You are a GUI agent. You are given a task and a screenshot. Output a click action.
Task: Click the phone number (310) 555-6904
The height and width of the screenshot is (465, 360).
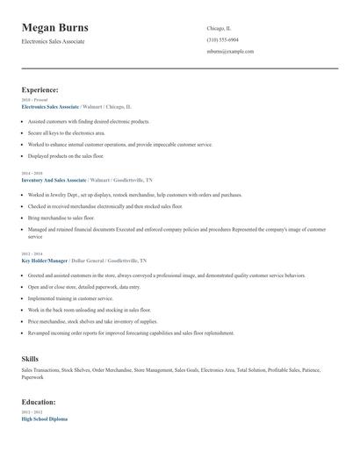[222, 40]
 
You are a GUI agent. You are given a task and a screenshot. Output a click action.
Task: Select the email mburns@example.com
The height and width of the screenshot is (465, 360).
[230, 52]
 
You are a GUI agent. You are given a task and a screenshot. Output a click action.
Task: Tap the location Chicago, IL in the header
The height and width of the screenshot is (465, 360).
[220, 28]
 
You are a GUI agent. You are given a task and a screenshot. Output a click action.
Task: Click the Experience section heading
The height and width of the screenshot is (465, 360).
[40, 89]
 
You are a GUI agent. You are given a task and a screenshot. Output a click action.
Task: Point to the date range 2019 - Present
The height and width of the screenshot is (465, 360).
[34, 100]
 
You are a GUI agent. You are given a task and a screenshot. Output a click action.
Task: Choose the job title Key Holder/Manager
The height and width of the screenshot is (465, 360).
[46, 261]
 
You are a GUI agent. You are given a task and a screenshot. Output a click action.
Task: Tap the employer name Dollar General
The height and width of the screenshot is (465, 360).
[88, 261]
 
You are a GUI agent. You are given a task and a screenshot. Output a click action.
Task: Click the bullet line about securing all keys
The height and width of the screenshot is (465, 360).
[72, 132]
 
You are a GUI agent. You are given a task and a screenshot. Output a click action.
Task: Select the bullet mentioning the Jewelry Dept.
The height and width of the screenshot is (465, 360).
[134, 194]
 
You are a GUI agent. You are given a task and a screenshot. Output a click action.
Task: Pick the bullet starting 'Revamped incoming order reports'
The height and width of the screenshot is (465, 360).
[131, 333]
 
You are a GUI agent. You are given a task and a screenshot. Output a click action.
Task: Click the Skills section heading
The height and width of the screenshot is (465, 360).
[30, 359]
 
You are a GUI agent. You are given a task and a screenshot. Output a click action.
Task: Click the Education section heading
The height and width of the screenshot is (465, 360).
[39, 402]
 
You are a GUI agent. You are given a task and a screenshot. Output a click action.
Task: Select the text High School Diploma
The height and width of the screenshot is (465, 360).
[44, 418]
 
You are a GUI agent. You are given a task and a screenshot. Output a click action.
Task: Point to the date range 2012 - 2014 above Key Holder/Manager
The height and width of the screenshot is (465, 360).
[31, 254]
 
